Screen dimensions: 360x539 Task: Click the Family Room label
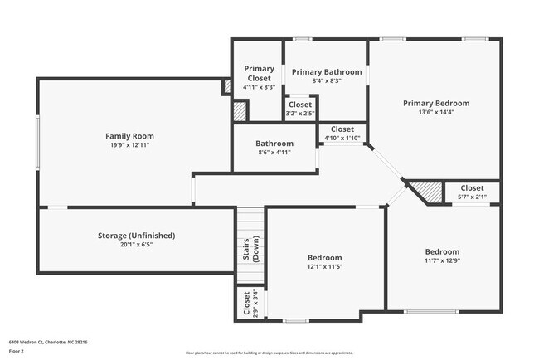[x=129, y=136]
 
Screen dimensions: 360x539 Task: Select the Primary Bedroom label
[x=436, y=104]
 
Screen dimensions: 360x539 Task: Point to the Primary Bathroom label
[x=327, y=72]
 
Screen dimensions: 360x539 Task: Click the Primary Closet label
[x=258, y=73]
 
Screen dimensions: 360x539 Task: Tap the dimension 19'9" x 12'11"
[x=129, y=145]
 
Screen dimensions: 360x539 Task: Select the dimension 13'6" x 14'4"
[x=436, y=113]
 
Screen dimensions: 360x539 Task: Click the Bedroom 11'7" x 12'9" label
[x=442, y=251]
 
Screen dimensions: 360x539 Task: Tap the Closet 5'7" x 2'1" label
[x=472, y=188]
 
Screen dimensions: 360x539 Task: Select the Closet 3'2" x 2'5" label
[x=300, y=105]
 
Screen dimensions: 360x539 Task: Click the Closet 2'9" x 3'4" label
[x=246, y=304]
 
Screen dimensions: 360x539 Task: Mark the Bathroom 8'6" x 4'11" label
[x=274, y=144]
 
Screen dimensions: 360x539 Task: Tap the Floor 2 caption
[x=17, y=350]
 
